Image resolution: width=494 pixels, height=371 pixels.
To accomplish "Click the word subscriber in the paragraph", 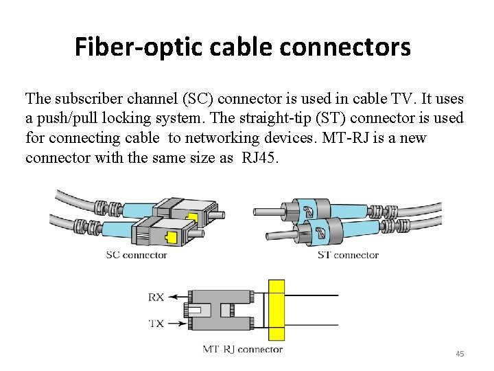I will [87, 98].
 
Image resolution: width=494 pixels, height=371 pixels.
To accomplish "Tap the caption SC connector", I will [136, 255].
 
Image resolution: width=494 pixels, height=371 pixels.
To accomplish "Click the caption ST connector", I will [348, 255].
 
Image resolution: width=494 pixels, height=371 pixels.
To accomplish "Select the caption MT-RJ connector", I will [242, 349].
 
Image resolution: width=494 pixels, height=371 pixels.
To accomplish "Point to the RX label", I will [156, 297].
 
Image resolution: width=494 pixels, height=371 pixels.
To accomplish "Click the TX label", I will [156, 322].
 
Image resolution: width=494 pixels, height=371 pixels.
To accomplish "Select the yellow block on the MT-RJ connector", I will [276, 310].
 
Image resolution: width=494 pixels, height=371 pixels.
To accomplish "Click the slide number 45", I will [460, 354].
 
